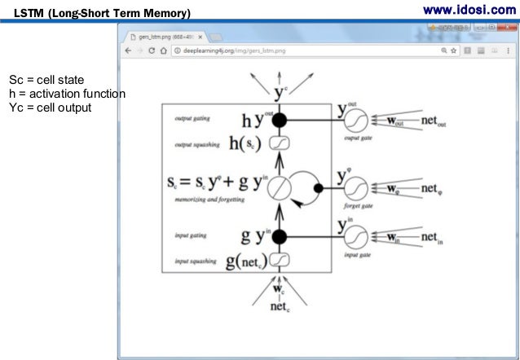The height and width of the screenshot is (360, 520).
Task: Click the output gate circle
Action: (x=355, y=121)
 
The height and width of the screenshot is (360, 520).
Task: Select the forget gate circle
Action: (x=355, y=188)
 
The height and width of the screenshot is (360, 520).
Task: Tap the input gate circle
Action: (x=355, y=237)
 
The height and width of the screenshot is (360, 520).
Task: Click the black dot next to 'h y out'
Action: (x=280, y=121)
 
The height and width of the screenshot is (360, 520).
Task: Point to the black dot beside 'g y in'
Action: (x=280, y=237)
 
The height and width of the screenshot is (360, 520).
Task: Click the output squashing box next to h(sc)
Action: (x=279, y=142)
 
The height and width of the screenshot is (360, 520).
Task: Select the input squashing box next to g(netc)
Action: (x=279, y=260)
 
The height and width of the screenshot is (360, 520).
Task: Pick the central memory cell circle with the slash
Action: (x=280, y=188)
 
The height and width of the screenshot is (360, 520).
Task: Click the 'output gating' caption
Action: (x=192, y=118)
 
